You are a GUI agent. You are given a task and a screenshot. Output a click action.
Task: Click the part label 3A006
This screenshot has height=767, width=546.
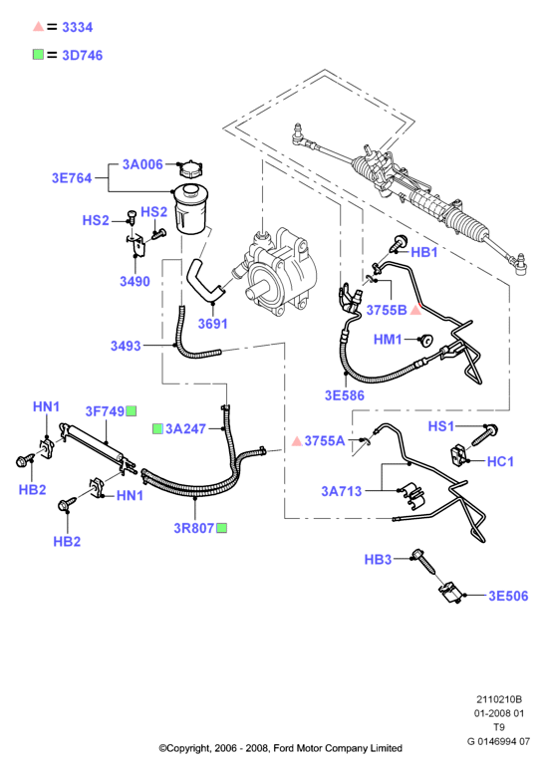pyautogui.click(x=142, y=164)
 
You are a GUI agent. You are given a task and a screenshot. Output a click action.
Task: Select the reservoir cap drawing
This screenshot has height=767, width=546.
pyautogui.click(x=191, y=169)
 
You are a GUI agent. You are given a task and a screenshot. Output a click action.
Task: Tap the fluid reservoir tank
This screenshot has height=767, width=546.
pyautogui.click(x=190, y=208)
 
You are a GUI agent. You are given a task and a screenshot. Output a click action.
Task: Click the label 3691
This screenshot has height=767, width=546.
pyautogui.click(x=213, y=324)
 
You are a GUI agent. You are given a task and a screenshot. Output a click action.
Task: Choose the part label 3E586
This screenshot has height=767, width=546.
pyautogui.click(x=345, y=395)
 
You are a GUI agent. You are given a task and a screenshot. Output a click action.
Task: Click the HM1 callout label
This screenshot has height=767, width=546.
pyautogui.click(x=388, y=339)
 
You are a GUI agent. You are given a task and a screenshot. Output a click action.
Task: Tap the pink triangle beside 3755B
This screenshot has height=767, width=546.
pyautogui.click(x=415, y=310)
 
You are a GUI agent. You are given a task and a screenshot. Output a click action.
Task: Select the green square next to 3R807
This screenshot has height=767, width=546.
pyautogui.click(x=221, y=528)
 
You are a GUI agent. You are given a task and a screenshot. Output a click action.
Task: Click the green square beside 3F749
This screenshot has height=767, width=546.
pyautogui.click(x=132, y=410)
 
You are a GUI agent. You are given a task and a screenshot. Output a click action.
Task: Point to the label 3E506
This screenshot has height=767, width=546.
pyautogui.click(x=508, y=596)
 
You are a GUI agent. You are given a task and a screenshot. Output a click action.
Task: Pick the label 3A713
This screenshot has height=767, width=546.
pyautogui.click(x=341, y=491)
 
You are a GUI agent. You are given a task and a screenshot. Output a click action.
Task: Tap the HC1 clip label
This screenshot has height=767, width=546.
pyautogui.click(x=500, y=461)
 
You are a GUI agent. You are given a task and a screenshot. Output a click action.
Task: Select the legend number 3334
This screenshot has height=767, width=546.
pyautogui.click(x=78, y=28)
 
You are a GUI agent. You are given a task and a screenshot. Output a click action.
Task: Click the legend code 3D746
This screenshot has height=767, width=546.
pyautogui.click(x=82, y=55)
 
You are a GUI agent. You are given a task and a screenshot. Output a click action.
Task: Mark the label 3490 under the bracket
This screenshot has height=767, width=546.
pyautogui.click(x=135, y=281)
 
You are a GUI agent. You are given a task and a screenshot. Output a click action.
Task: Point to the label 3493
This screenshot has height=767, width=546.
pyautogui.click(x=126, y=346)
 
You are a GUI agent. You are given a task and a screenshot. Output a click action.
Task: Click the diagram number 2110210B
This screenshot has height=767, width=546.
pyautogui.click(x=499, y=699)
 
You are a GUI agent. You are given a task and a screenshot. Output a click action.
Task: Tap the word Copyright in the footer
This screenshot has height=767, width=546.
pyautogui.click(x=188, y=748)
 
